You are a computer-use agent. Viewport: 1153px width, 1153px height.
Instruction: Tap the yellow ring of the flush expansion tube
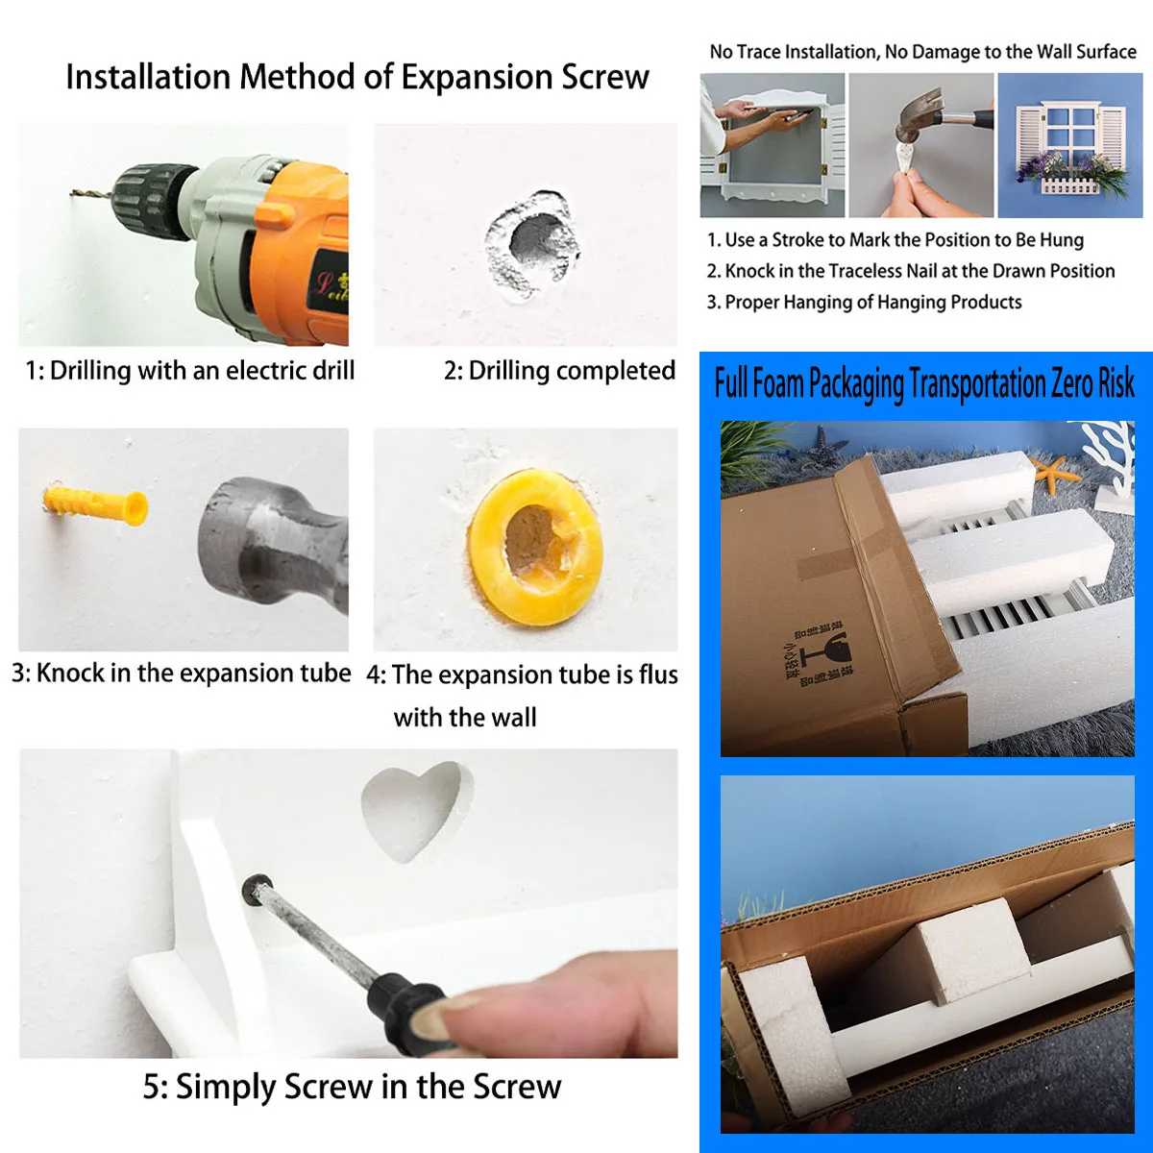tap(534, 547)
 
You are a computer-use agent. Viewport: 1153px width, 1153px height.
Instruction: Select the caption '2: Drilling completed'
tap(559, 371)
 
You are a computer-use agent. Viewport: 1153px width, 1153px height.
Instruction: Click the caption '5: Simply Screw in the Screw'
tap(352, 1087)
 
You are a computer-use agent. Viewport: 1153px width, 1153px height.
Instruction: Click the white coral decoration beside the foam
tap(1110, 462)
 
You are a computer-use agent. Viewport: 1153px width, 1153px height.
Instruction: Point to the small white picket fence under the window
tap(1071, 185)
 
